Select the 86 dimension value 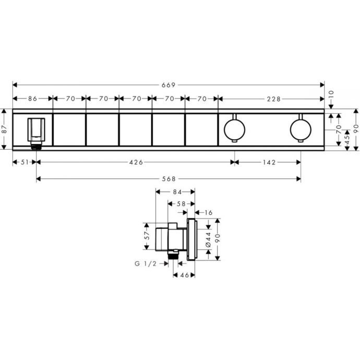(32, 98)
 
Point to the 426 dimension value (136, 162)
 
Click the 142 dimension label (267, 162)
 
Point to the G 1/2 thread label (145, 264)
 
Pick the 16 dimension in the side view (208, 213)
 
